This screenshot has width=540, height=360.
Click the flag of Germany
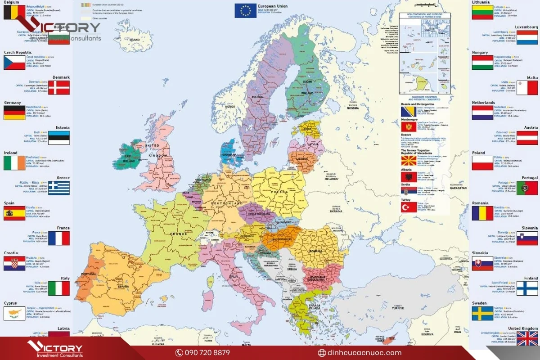click(14, 113)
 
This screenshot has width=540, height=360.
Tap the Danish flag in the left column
click(59, 87)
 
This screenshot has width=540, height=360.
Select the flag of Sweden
click(482, 313)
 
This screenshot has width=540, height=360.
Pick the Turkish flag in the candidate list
click(409, 207)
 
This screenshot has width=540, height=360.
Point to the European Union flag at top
click(245, 11)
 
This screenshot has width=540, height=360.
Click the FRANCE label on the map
click(178, 234)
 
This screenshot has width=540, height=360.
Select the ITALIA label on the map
click(234, 276)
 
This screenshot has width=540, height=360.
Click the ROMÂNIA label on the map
click(316, 251)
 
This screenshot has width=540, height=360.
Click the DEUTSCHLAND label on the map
click(227, 204)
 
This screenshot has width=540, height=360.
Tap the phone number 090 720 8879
click(208, 353)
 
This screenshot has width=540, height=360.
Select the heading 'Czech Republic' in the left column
click(18, 53)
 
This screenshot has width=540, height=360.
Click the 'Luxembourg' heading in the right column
click(526, 27)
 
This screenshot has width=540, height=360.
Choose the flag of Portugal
click(527, 188)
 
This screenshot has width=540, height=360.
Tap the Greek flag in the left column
click(59, 188)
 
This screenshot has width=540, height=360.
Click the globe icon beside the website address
click(322, 353)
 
